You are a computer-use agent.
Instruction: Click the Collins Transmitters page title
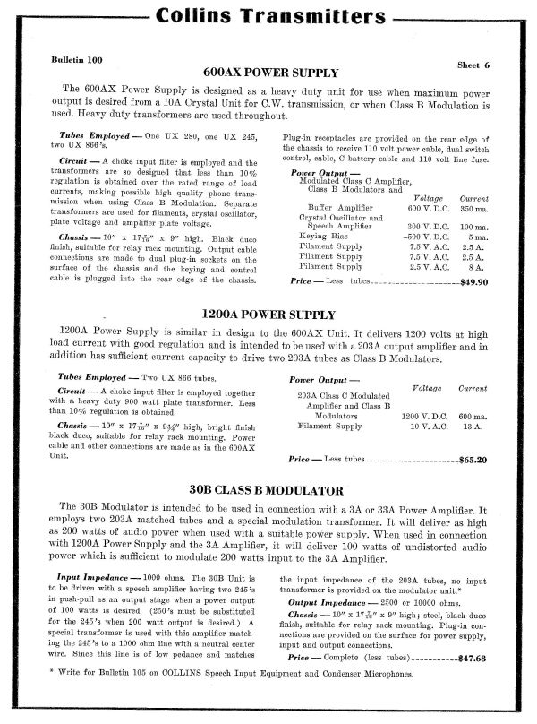(x=268, y=17)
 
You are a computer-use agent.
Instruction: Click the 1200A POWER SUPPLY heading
(x=268, y=315)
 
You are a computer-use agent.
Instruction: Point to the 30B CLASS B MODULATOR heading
(x=268, y=491)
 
